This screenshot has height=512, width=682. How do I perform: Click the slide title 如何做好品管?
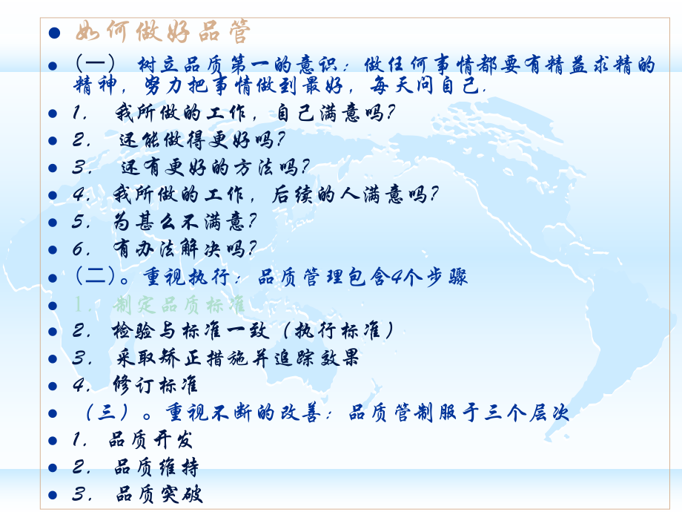coord(163,33)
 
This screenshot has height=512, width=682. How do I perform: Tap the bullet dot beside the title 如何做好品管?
coord(53,33)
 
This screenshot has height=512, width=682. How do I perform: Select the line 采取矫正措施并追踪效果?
coord(237,358)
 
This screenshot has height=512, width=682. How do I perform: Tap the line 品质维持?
coord(156,467)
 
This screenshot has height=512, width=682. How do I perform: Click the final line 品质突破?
coord(159,494)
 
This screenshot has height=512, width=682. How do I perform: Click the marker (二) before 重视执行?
coord(95,277)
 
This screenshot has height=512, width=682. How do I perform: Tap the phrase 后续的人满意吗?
coord(356,194)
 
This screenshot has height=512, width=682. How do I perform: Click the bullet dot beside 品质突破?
coord(53,495)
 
